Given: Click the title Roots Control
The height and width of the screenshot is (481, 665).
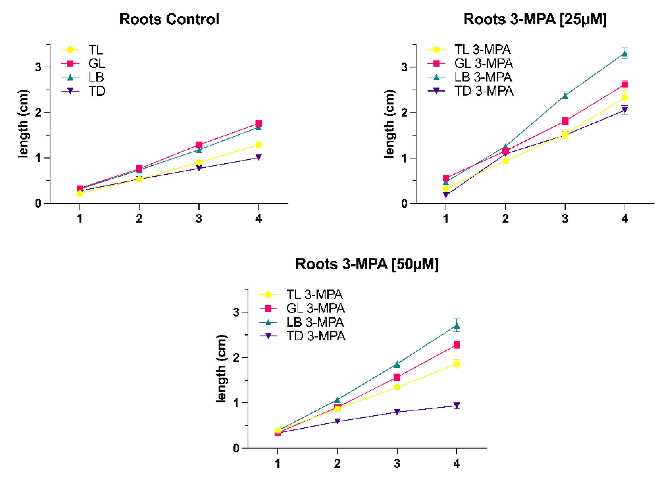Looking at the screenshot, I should click(169, 19).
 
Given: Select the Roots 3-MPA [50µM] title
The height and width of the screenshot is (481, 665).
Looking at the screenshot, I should click(367, 264).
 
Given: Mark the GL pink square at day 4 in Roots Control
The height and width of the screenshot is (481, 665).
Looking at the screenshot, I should click(258, 123).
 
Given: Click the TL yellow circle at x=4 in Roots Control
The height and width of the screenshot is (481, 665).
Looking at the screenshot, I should click(258, 145).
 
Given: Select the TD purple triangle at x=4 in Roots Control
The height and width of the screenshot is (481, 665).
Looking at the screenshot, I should click(258, 158).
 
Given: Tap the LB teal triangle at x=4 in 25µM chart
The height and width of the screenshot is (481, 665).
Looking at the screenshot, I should click(625, 54).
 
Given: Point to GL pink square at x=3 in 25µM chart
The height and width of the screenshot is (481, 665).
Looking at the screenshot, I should click(565, 121).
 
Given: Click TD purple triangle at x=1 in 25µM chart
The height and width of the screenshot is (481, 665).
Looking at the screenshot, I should click(446, 195).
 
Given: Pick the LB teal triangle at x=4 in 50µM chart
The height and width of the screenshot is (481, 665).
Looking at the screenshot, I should click(457, 326).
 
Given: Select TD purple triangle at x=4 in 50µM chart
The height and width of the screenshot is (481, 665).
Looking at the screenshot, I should click(457, 405).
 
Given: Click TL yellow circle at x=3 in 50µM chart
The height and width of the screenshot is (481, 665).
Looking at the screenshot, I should click(397, 387).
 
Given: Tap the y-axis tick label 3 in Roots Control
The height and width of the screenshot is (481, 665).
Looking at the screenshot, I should click(38, 67).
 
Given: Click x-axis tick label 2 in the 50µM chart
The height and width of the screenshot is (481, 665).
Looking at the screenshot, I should click(337, 464).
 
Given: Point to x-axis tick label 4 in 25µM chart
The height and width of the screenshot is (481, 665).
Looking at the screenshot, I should click(625, 219).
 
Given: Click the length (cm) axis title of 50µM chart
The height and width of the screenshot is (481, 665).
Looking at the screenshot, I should click(221, 368).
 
